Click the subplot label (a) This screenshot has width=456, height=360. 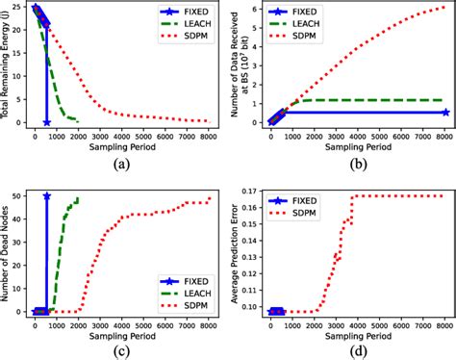tap(123, 164)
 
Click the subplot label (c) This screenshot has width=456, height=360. tap(123, 350)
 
